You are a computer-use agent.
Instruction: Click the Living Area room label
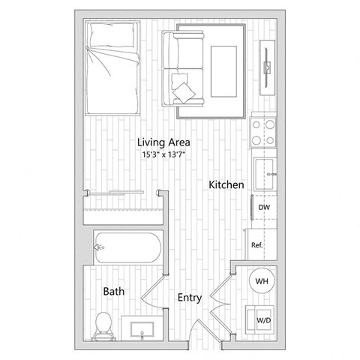click(163, 142)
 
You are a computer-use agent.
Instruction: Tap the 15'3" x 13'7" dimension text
click(163, 154)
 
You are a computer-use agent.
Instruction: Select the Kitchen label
click(224, 184)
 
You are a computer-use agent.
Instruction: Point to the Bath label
click(114, 290)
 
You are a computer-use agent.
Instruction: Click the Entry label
click(189, 298)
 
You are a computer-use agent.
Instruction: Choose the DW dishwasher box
click(263, 208)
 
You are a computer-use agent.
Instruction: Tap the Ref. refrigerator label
click(256, 245)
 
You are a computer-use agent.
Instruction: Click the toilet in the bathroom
click(103, 323)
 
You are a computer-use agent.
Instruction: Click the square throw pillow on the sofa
click(182, 92)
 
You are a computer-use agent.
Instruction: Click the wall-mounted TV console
click(268, 67)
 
